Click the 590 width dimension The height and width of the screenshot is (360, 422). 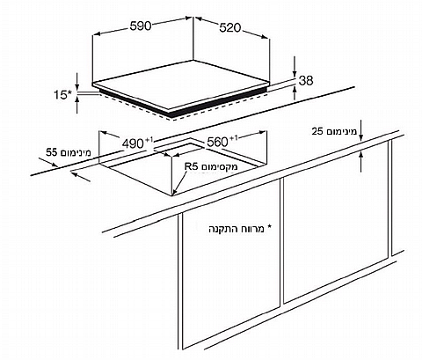(141, 26)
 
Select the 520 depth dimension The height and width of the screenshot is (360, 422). (229, 28)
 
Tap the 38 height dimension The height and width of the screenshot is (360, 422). (306, 80)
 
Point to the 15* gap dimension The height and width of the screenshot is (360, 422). (62, 95)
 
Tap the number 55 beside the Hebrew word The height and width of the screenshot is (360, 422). (52, 152)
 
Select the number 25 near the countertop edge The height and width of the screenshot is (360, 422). (317, 131)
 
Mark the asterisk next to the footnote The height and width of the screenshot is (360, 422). (269, 227)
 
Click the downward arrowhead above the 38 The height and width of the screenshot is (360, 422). (295, 75)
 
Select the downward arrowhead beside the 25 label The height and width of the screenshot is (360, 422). (360, 137)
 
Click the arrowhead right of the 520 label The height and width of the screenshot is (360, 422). (265, 37)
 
